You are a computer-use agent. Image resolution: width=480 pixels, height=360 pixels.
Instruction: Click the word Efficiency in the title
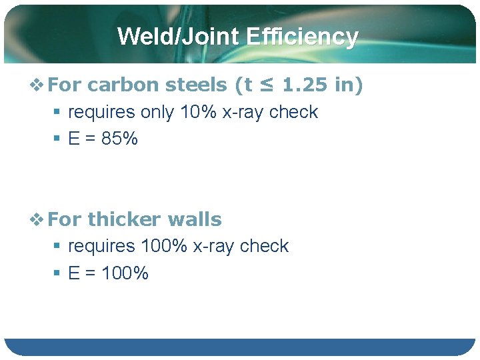[302, 36]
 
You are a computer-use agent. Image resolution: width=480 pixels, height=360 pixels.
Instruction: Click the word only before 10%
[158, 112]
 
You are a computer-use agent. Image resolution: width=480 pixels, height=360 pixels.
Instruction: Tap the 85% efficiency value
[121, 139]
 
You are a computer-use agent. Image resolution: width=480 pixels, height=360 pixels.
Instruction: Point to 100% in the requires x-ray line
[164, 246]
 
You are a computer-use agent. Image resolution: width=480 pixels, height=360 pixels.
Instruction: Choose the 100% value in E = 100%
[126, 273]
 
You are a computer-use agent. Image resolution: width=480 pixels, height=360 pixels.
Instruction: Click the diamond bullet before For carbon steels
[39, 85]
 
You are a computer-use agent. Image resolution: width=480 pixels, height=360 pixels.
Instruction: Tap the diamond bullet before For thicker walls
[39, 219]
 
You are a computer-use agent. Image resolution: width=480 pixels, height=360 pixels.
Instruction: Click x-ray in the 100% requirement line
[214, 246]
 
